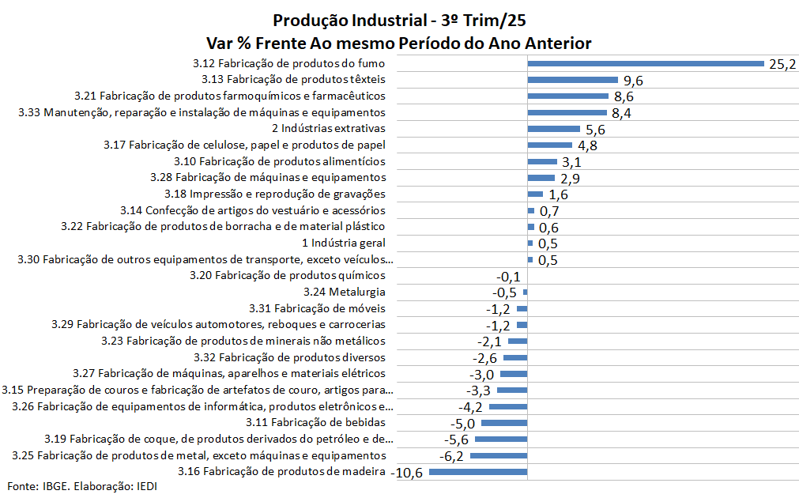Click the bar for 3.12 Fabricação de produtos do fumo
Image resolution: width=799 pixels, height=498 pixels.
coord(646,63)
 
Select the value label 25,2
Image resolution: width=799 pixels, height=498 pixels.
coord(782,64)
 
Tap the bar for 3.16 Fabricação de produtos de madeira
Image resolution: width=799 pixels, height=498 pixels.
coord(477,472)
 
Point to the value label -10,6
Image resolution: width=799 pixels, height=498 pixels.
coord(408,473)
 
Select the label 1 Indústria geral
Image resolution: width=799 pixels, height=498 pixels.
coord(344,243)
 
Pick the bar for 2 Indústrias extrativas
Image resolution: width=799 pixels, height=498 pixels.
coord(554,129)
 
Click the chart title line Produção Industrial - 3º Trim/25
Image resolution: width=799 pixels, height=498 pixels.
coord(398,20)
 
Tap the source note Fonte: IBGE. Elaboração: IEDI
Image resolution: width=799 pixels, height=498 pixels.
coord(82,485)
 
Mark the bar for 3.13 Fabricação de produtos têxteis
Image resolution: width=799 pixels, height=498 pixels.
coord(572,80)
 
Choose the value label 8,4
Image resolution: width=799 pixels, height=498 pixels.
coord(622,113)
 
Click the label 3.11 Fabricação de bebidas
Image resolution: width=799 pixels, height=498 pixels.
coord(315,423)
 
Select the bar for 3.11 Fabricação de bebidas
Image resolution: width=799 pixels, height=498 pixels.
coord(504,423)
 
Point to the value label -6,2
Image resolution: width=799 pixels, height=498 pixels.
coord(450,456)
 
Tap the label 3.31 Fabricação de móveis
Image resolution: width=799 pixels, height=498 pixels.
coord(317,308)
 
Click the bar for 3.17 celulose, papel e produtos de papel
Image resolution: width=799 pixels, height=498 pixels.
coord(549,145)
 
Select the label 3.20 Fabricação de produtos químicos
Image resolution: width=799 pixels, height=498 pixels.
coord(288,276)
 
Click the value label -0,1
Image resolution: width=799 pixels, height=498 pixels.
coord(507,277)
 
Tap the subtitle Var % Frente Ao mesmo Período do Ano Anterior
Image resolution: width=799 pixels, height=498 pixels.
coord(398,42)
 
